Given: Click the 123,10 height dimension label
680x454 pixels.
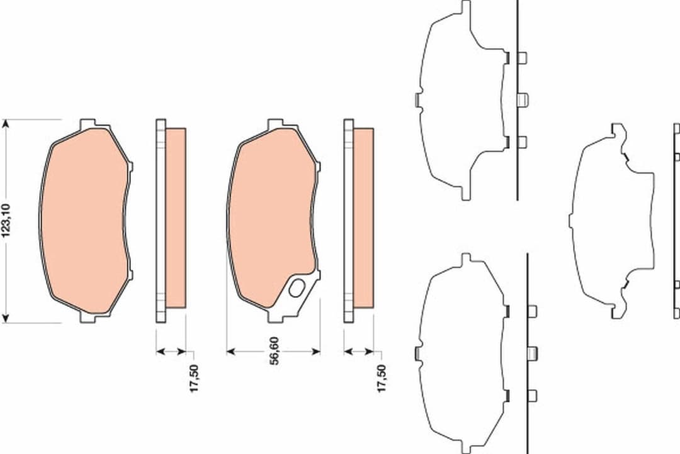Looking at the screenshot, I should pyautogui.click(x=7, y=221).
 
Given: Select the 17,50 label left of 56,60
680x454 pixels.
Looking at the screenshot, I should pyautogui.click(x=194, y=379).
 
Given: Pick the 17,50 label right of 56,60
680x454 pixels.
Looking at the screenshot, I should pyautogui.click(x=382, y=379).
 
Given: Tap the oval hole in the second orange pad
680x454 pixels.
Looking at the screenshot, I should pyautogui.click(x=295, y=289).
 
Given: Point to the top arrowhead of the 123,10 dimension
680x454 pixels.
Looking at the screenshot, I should pyautogui.click(x=7, y=123).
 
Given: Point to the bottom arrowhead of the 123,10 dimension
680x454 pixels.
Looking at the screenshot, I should pyautogui.click(x=7, y=318).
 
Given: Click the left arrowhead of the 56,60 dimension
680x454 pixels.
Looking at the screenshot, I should pyautogui.click(x=230, y=352).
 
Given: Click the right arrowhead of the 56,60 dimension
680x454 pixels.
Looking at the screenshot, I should pyautogui.click(x=316, y=352).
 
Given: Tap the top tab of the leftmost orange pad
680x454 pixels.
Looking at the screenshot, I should pyautogui.click(x=88, y=123).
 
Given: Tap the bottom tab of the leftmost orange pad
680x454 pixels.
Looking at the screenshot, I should pyautogui.click(x=88, y=318).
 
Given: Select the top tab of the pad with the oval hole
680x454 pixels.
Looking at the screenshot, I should pyautogui.click(x=275, y=123).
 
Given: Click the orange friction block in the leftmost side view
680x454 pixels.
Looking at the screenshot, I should pyautogui.click(x=176, y=218).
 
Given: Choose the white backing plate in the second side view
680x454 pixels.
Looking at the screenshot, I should pyautogui.click(x=348, y=220).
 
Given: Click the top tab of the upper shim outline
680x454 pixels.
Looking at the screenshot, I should pyautogui.click(x=465, y=8).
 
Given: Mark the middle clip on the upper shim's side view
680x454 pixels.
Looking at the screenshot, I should pyautogui.click(x=522, y=99).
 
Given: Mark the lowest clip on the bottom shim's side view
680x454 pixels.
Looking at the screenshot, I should pyautogui.click(x=532, y=395).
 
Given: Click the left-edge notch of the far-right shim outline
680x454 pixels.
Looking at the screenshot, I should pyautogui.click(x=570, y=220).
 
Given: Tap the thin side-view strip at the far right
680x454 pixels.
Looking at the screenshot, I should pyautogui.click(x=676, y=220).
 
